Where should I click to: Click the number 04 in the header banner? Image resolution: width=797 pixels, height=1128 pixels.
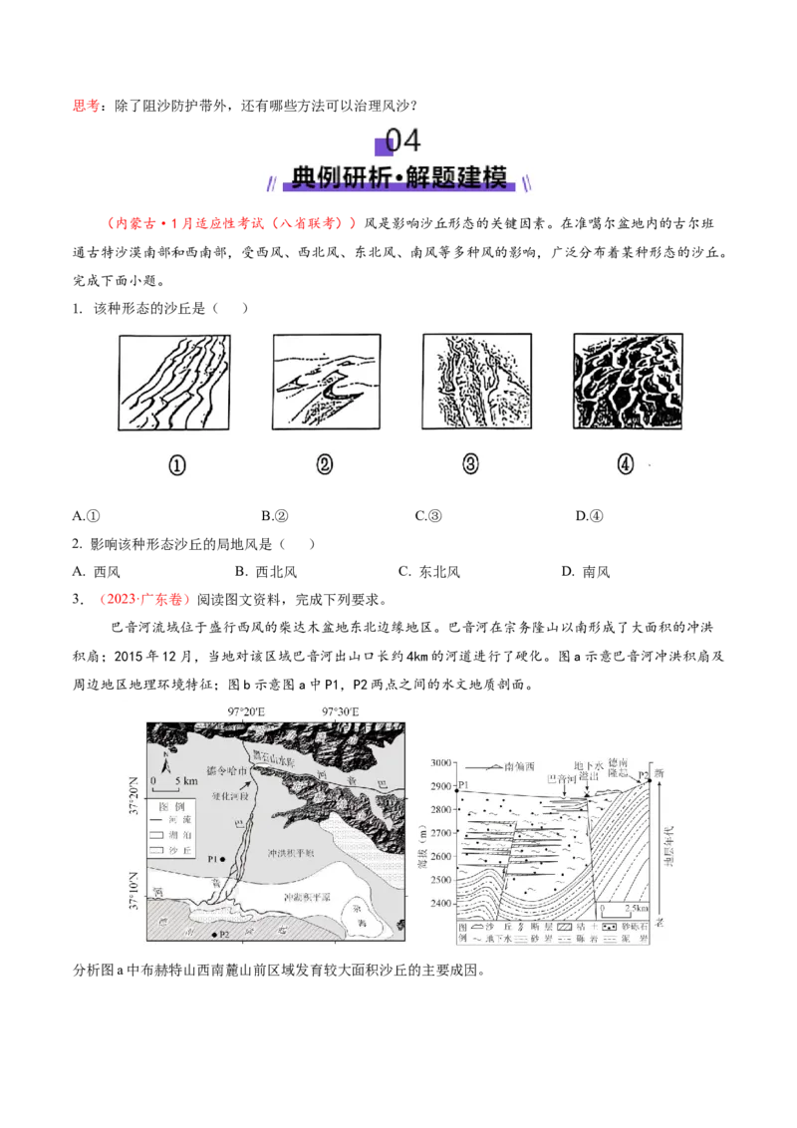point(402,141)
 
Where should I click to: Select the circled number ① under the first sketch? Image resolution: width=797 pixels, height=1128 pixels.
point(176,464)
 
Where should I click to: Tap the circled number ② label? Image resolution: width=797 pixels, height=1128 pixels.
point(325,464)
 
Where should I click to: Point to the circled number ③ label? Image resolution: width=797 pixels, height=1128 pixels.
point(472,464)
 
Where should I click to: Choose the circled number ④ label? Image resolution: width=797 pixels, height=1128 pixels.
point(625,464)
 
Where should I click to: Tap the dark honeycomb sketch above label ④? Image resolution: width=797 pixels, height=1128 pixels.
point(625,383)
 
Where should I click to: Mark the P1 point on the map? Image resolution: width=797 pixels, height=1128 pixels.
point(223,859)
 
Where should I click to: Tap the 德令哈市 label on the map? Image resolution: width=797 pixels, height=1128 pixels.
point(224,770)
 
